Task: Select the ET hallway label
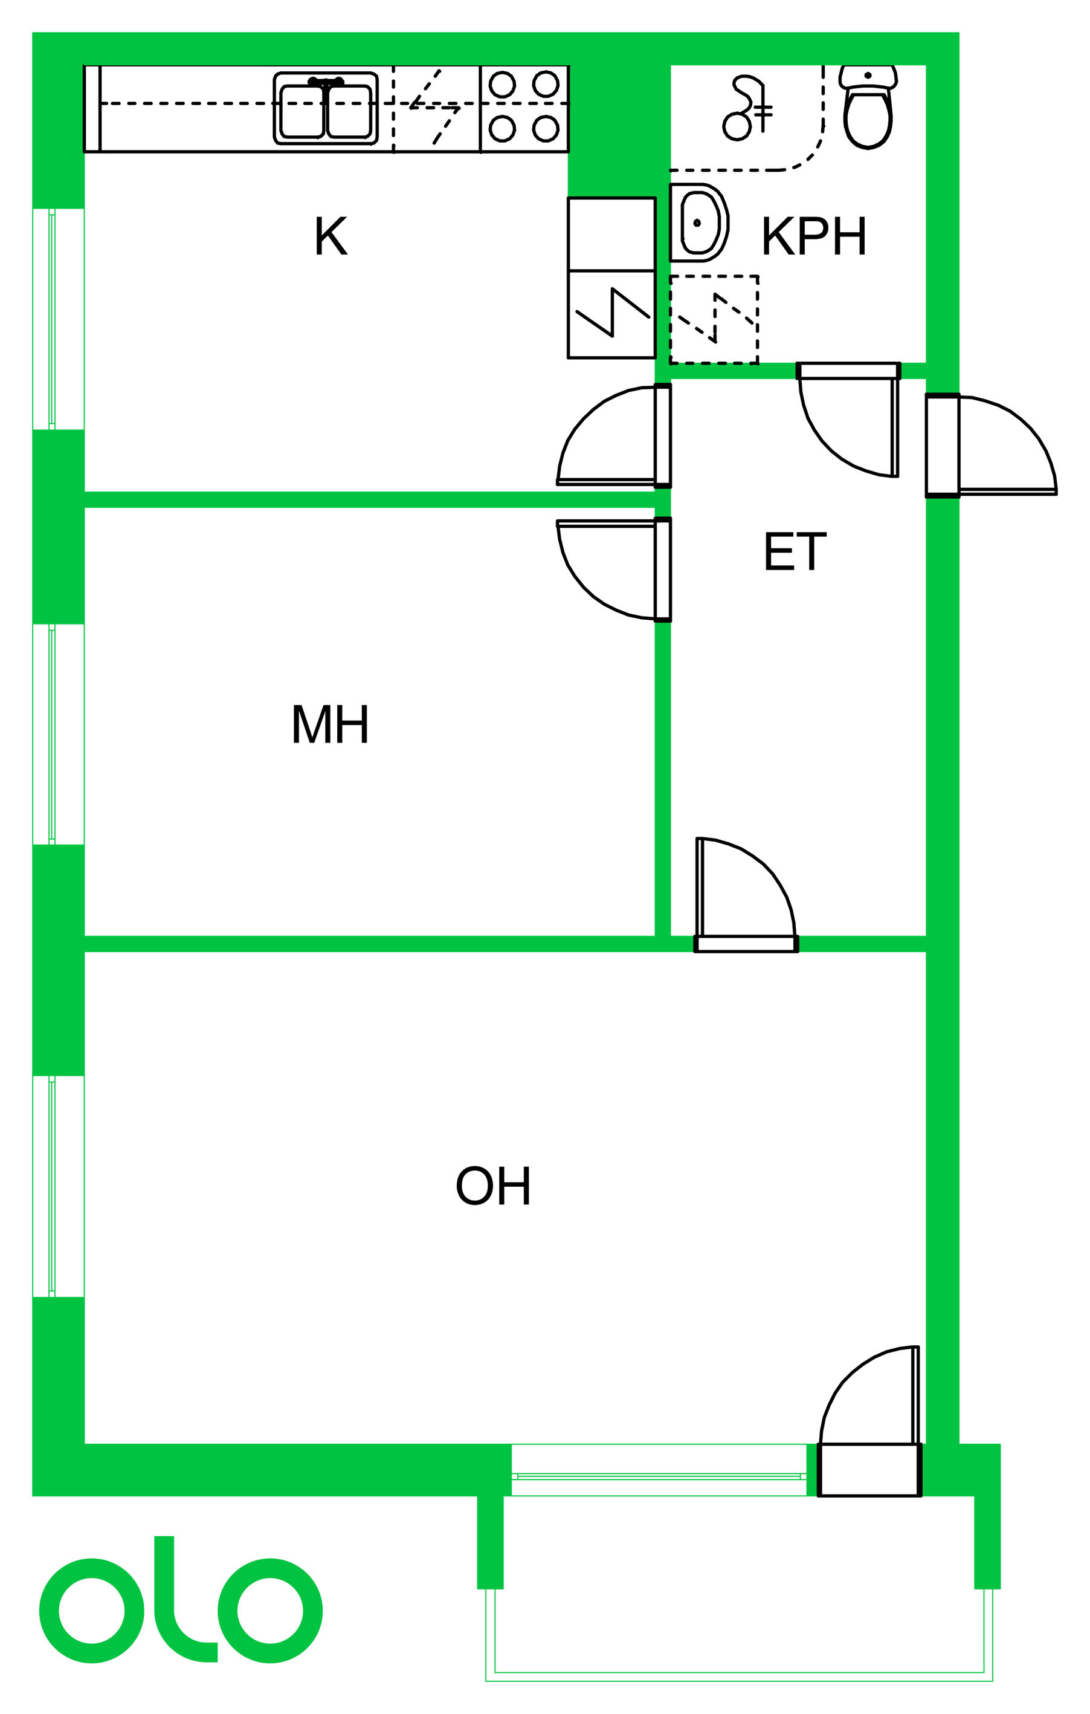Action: [x=795, y=551]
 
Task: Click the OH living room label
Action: [x=493, y=1186]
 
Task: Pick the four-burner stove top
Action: [x=524, y=107]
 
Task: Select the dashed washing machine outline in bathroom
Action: [x=714, y=320]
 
